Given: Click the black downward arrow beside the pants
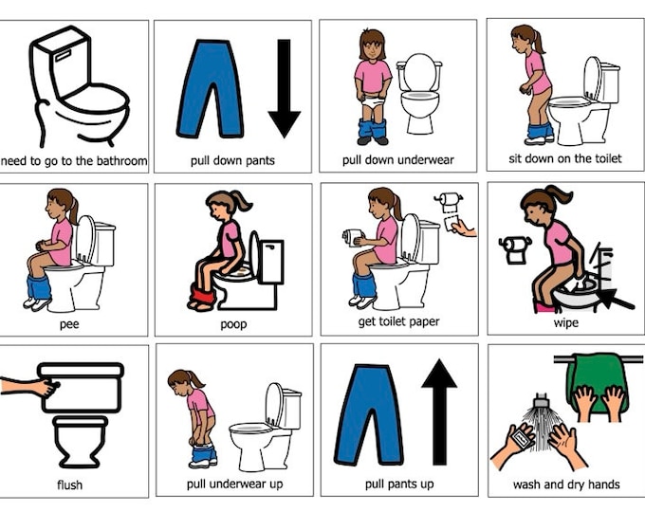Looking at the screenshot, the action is (284, 88).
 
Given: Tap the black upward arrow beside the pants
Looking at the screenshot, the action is (439, 412).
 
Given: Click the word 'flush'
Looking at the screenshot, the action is (69, 485).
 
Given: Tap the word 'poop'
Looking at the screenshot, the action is (233, 325).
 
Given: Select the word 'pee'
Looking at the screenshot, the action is (69, 325).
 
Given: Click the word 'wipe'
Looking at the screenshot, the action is (566, 322).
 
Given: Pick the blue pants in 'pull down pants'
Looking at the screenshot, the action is (209, 88).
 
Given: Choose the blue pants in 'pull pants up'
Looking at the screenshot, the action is (367, 414).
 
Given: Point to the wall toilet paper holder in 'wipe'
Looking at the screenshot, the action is (515, 249).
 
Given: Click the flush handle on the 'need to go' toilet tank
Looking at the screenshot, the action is (63, 55).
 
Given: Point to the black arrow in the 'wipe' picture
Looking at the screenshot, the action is (617, 299).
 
